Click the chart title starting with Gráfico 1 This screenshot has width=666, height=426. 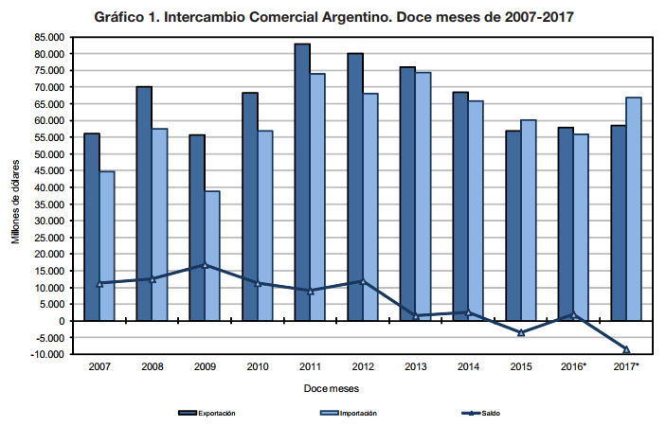(x=333, y=17)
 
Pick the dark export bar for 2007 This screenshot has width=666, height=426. (x=92, y=227)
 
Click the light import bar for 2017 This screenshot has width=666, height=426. (x=634, y=209)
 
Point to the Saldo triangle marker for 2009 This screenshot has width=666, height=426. (x=205, y=265)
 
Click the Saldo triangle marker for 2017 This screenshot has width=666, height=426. (x=626, y=349)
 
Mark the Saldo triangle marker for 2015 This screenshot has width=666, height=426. (x=521, y=332)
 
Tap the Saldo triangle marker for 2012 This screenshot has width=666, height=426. (x=363, y=281)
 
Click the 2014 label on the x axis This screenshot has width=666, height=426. (x=468, y=365)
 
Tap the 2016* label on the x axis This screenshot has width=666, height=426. (x=573, y=365)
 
